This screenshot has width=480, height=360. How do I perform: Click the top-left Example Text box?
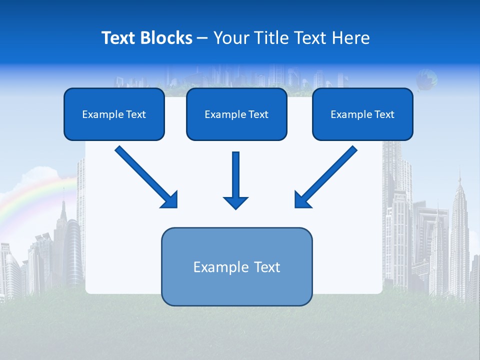click(114, 114)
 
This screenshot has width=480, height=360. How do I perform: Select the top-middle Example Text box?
click(236, 114)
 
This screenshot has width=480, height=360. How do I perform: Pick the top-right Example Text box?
click(362, 114)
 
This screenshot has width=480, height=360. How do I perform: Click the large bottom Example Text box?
click(236, 266)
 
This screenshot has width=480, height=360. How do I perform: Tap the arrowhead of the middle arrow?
click(235, 202)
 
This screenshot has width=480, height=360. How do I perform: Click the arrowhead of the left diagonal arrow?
click(170, 200)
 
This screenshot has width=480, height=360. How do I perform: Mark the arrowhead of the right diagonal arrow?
click(302, 200)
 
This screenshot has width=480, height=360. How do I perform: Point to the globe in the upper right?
click(426, 79)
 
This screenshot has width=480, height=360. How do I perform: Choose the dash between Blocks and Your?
click(202, 38)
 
